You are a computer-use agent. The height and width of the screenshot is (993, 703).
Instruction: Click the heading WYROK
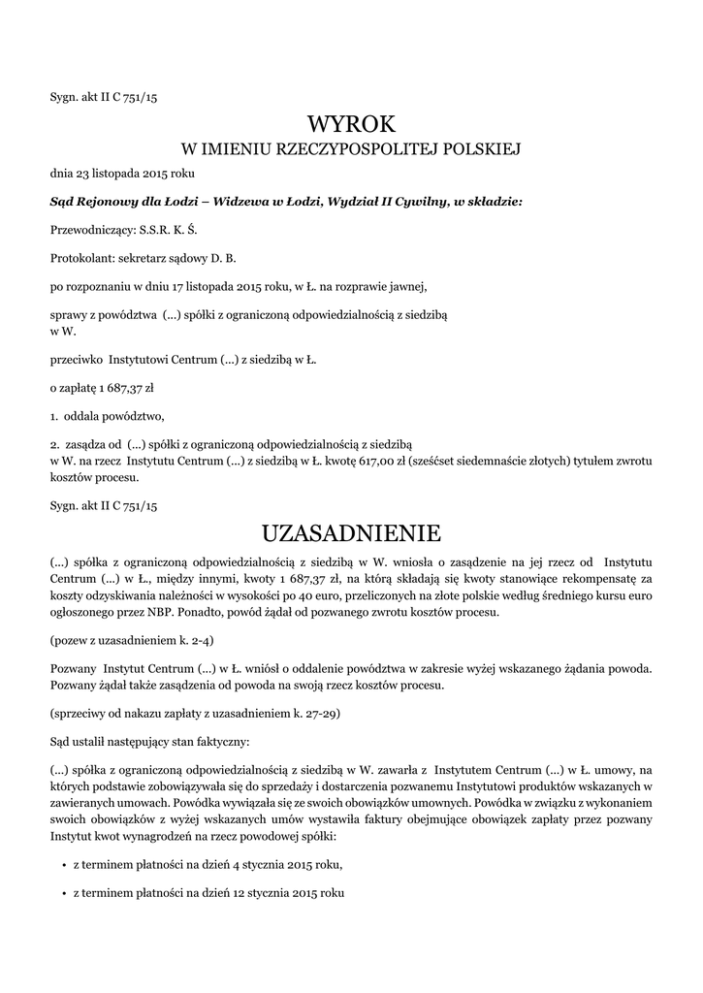(x=351, y=124)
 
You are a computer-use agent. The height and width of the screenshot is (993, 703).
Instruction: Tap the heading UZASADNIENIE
(x=351, y=533)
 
